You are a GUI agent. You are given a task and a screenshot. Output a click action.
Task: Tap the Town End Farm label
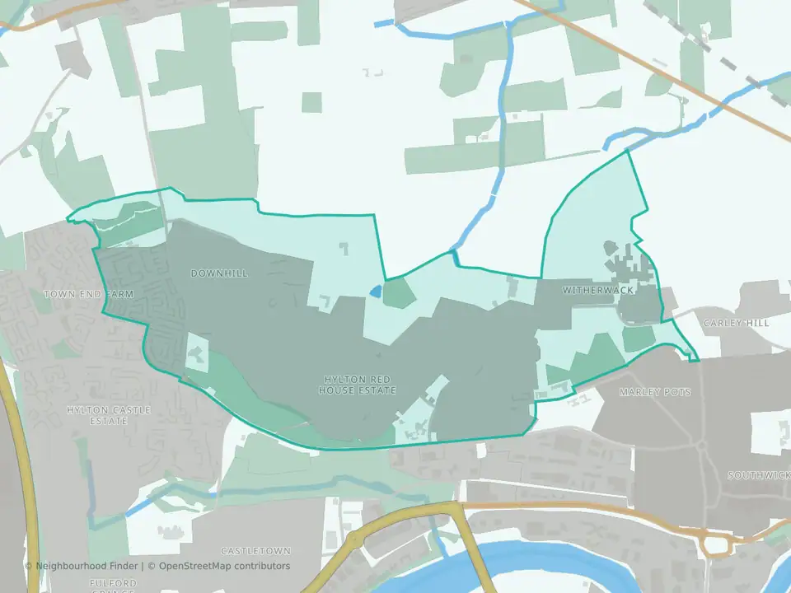tap(77, 294)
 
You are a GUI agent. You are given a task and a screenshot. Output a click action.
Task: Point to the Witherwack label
tap(586, 291)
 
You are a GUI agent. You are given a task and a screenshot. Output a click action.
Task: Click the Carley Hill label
tap(736, 323)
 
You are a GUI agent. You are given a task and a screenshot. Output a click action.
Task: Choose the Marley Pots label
tap(655, 392)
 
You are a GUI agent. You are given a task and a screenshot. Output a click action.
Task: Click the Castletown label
tap(255, 550)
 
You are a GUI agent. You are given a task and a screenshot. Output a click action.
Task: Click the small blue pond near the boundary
tap(376, 291)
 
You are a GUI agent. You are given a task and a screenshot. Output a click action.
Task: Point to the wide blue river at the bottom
tap(577, 568)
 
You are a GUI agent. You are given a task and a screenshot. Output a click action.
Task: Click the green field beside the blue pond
tap(399, 293)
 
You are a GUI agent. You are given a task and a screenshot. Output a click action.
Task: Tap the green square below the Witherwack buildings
tap(637, 339)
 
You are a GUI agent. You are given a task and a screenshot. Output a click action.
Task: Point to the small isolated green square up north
tap(311, 102)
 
